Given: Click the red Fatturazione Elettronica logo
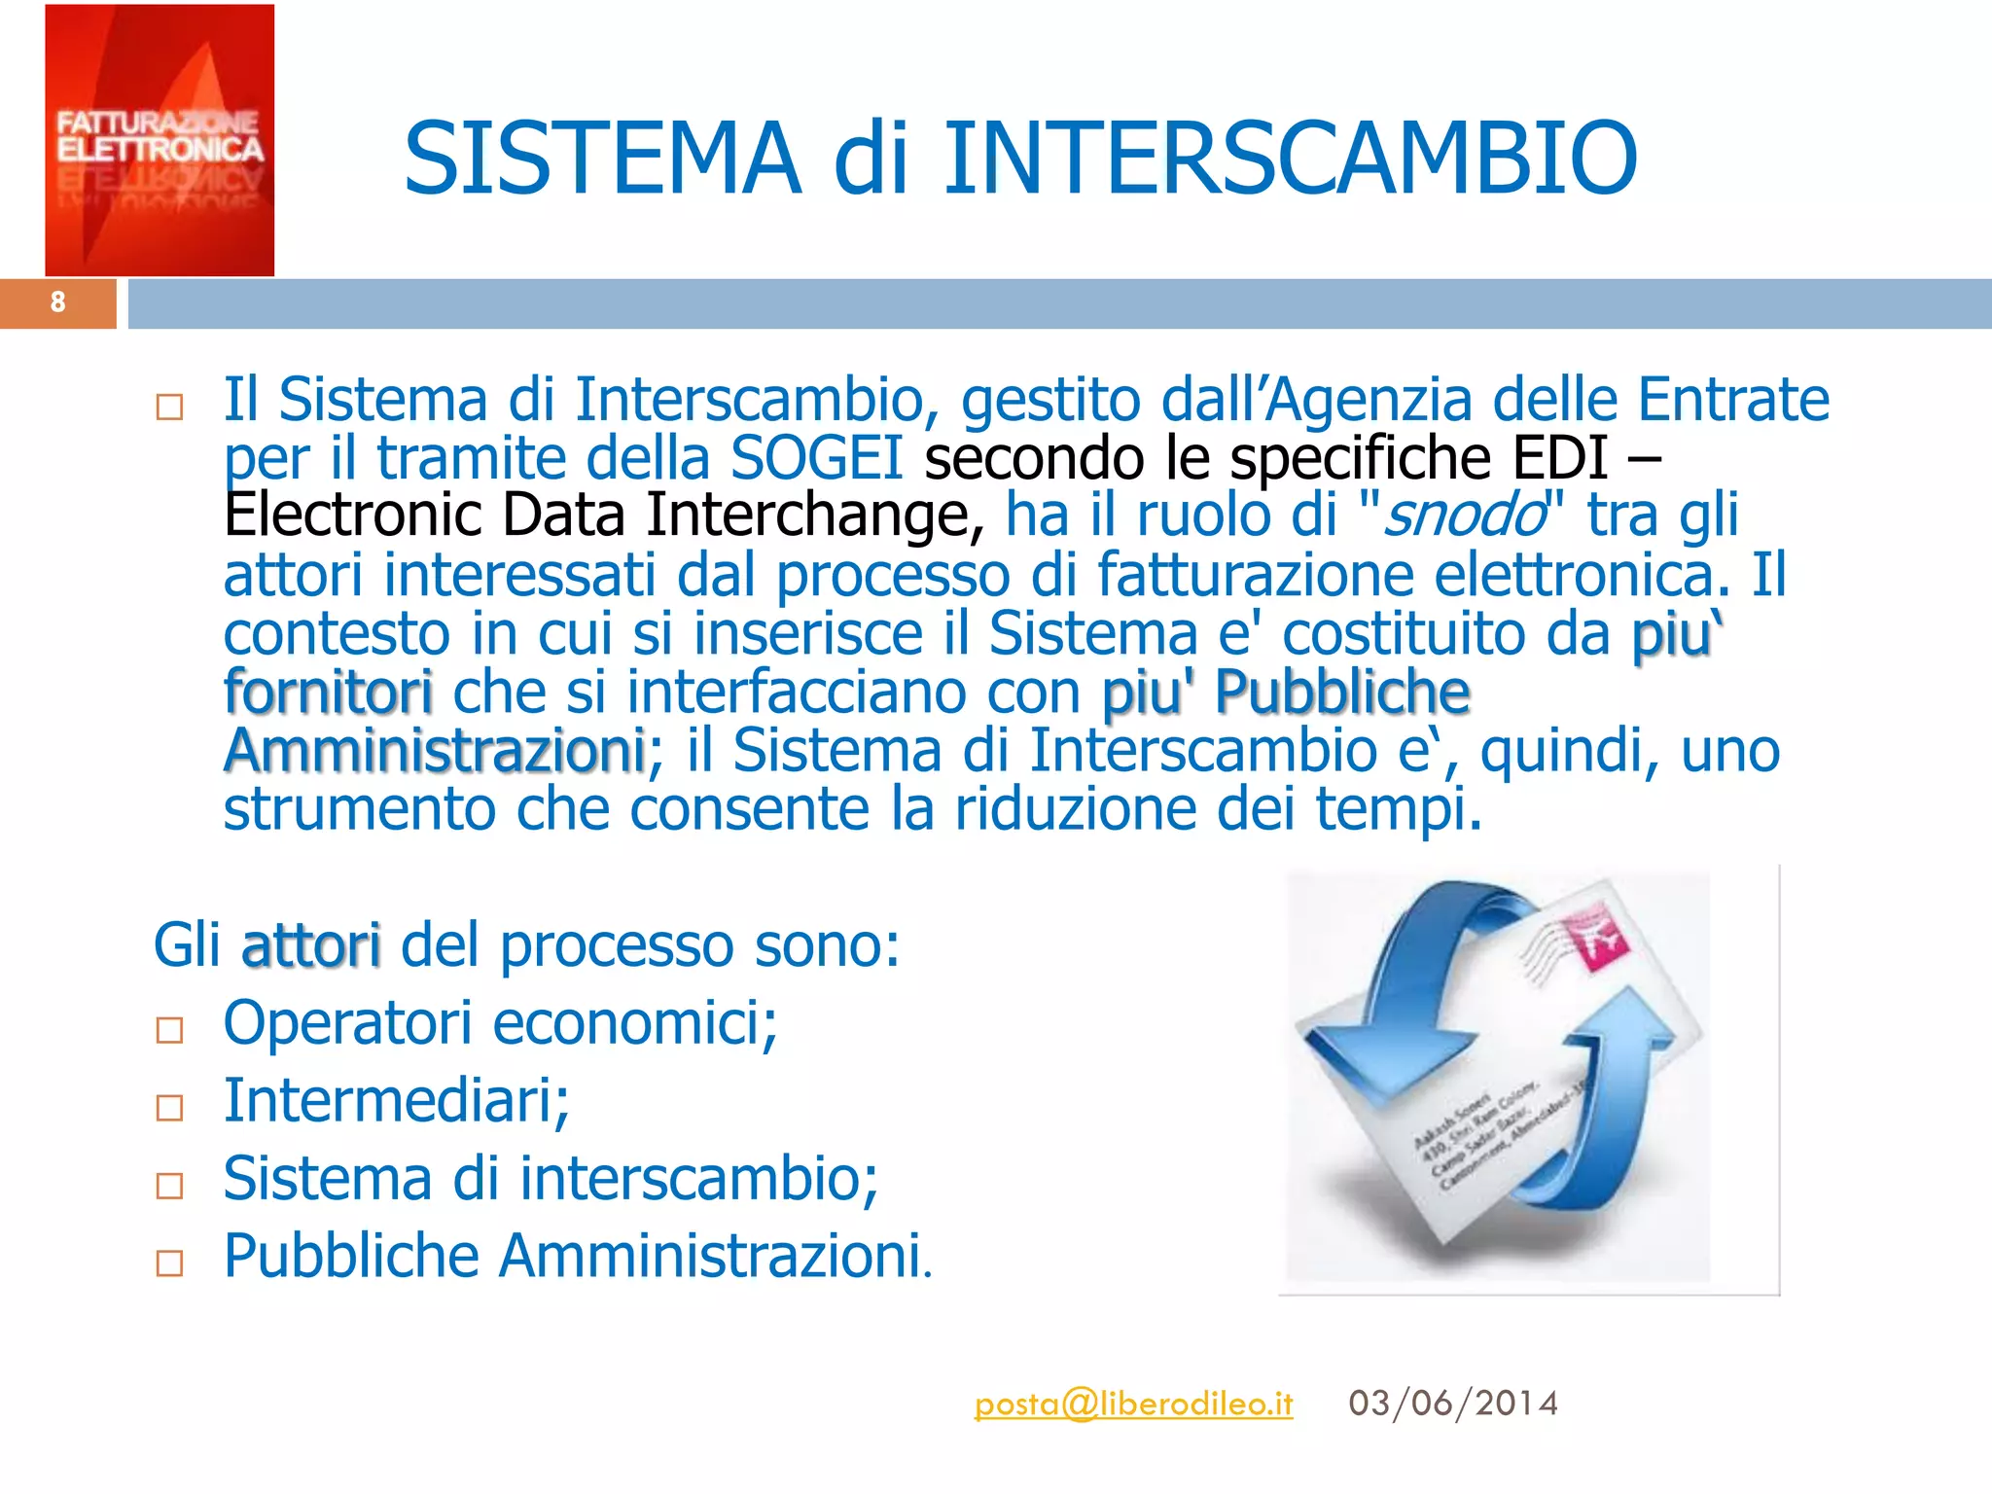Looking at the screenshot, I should [x=160, y=140].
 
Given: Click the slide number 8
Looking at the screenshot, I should [x=58, y=302].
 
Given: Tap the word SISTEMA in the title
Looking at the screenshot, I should [x=602, y=158].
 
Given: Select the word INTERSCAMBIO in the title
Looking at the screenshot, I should [x=1291, y=158].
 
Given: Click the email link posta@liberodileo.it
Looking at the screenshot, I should [x=1133, y=1404].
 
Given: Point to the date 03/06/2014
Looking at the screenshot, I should [x=1453, y=1404].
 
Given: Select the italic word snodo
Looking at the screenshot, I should [x=1464, y=516].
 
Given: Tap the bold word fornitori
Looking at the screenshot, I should [x=328, y=693].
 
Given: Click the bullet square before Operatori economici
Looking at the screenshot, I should [x=170, y=1030].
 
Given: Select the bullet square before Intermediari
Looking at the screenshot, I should [x=170, y=1108].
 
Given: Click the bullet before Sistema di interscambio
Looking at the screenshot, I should [x=170, y=1186].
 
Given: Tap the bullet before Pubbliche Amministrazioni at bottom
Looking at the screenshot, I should [x=170, y=1263].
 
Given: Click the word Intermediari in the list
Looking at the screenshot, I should [x=396, y=1101].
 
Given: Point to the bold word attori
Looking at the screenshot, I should [x=310, y=945].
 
